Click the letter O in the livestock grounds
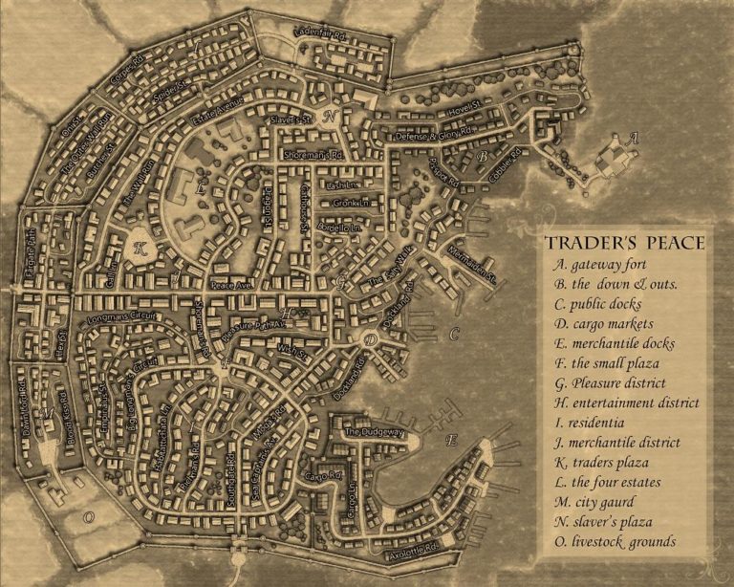pos(88,515)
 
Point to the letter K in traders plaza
pos(140,247)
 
